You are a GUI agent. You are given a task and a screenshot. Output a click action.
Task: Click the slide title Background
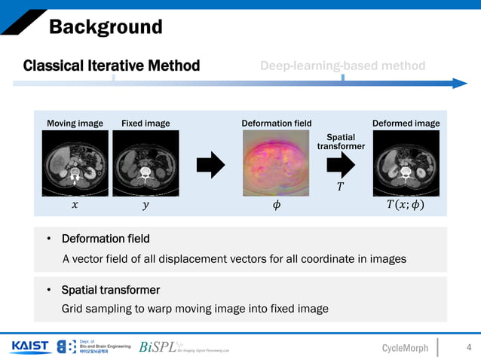coord(106,28)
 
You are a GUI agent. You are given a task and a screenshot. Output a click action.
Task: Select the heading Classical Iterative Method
coord(112,66)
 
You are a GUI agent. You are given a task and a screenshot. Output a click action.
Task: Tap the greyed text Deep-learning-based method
coord(342,66)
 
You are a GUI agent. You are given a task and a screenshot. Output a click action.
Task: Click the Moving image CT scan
coord(75,160)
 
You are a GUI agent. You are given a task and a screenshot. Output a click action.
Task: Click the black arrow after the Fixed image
coord(210,163)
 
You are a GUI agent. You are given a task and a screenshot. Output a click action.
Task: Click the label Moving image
coord(75,124)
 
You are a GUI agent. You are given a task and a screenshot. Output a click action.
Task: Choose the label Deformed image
coord(406,124)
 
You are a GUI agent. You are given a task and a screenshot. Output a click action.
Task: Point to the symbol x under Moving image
coord(74,206)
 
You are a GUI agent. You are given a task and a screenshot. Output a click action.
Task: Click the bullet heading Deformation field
coord(106,239)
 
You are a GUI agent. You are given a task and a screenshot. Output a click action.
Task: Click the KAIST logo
coord(30,346)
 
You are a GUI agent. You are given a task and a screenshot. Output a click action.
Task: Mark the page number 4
coord(469,347)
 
